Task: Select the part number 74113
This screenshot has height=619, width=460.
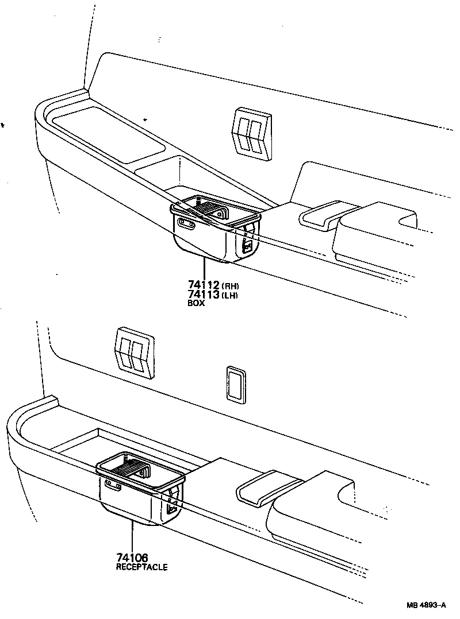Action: pos(204,295)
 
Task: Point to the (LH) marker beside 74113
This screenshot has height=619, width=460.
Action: pos(230,295)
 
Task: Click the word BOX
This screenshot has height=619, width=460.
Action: pos(196,304)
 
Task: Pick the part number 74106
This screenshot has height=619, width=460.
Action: pos(132,558)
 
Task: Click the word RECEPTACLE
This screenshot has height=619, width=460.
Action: pos(141,567)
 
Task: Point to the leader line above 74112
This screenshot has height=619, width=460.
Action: pos(204,269)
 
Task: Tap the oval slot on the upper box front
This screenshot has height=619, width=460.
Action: pos(187,224)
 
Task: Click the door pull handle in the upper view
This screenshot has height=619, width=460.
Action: pos(322,216)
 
